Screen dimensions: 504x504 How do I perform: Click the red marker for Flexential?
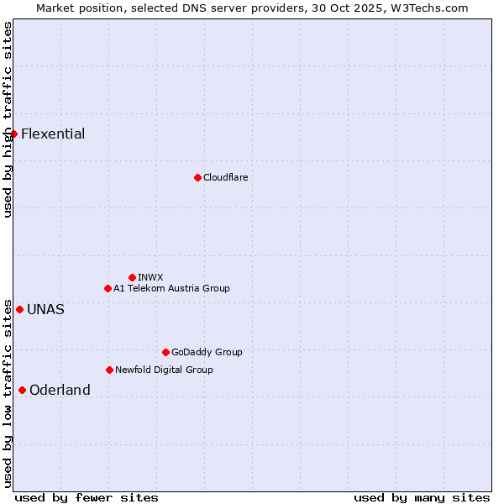13,134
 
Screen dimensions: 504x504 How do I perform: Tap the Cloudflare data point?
197,177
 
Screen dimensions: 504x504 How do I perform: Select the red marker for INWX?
132,277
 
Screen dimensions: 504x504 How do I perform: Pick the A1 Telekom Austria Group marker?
108,288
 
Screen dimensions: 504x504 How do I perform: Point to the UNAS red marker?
19,309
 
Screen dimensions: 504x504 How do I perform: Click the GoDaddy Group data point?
165,352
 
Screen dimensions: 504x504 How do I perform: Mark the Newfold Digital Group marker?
109,370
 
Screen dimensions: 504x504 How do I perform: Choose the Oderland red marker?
22,390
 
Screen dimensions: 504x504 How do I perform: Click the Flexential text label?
53,134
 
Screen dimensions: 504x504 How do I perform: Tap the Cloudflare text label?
225,177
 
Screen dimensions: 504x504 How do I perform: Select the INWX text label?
150,277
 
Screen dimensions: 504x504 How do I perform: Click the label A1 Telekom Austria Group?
171,288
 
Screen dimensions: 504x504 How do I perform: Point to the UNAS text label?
45,309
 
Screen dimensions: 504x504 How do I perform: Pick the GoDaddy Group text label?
207,352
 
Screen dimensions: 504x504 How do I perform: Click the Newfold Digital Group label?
164,370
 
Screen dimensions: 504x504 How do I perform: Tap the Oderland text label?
60,390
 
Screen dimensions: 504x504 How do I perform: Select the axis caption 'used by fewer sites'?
87,497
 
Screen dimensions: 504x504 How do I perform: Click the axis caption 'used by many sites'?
422,497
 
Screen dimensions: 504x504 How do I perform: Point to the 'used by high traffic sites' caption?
8,119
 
